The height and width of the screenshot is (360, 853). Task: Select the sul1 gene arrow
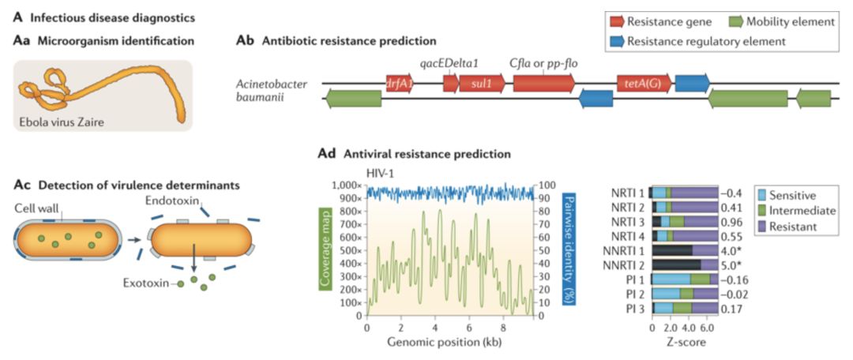click(x=480, y=83)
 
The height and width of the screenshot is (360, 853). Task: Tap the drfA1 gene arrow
click(x=400, y=83)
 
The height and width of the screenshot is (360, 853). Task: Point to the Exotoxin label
click(x=148, y=282)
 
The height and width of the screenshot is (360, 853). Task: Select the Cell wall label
click(x=36, y=209)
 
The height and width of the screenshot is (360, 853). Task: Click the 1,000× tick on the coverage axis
click(x=348, y=184)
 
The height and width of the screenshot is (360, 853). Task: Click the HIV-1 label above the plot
click(x=381, y=171)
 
